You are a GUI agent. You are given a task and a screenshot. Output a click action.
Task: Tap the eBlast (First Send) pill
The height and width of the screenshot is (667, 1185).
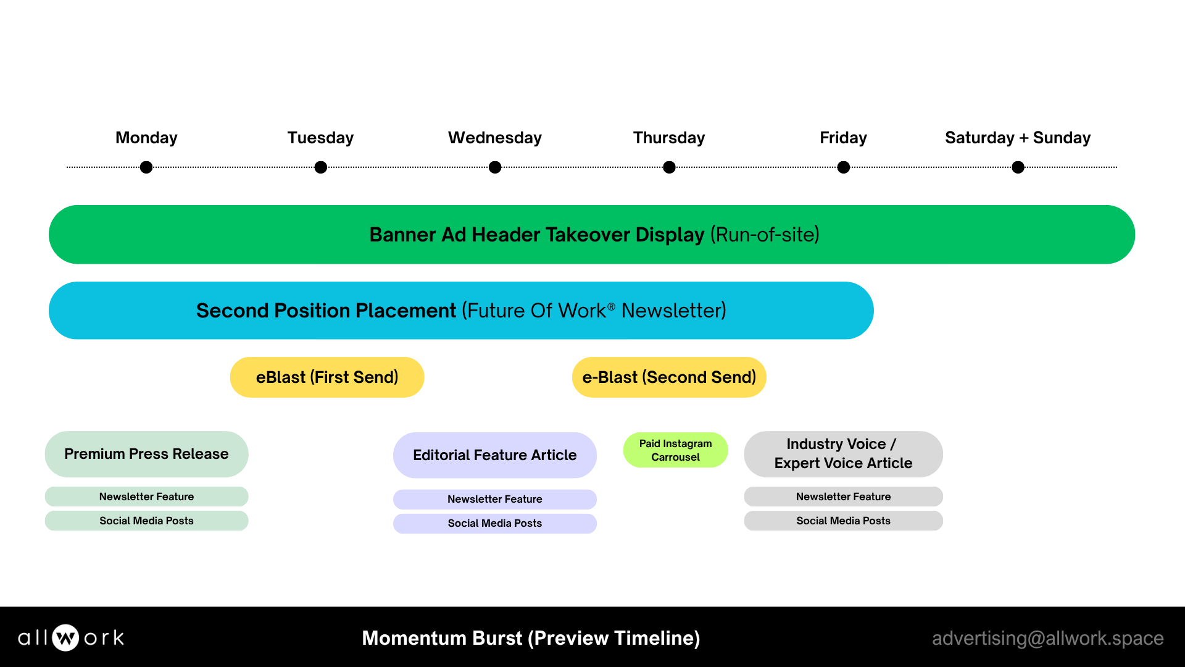pyautogui.click(x=327, y=377)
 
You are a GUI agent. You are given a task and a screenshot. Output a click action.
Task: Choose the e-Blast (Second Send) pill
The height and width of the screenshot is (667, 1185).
pyautogui.click(x=669, y=377)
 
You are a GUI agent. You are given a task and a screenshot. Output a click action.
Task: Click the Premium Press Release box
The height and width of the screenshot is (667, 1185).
pyautogui.click(x=146, y=454)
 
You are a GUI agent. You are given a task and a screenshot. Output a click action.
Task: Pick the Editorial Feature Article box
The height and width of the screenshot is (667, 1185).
pyautogui.click(x=495, y=455)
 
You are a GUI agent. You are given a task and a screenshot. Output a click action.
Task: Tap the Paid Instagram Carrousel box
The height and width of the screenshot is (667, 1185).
pyautogui.click(x=675, y=450)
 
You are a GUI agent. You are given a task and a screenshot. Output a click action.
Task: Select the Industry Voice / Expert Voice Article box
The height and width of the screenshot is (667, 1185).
pyautogui.click(x=843, y=454)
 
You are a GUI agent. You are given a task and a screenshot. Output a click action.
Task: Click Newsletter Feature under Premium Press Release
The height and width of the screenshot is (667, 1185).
pyautogui.click(x=146, y=497)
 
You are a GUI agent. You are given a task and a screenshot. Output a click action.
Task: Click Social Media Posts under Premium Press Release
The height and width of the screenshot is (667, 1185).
pyautogui.click(x=146, y=521)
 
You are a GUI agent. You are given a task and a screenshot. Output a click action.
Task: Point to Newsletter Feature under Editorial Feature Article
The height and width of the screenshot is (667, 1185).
pyautogui.click(x=495, y=499)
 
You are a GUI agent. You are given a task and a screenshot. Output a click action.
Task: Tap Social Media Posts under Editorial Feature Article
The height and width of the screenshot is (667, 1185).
pyautogui.click(x=495, y=523)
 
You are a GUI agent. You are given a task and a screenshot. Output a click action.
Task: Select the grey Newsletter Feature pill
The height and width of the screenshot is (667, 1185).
pyautogui.click(x=843, y=497)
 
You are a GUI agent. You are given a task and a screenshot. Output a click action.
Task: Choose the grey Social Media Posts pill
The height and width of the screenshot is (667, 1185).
pyautogui.click(x=843, y=521)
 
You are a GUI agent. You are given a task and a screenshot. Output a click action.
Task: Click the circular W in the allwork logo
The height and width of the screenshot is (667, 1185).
pyautogui.click(x=65, y=638)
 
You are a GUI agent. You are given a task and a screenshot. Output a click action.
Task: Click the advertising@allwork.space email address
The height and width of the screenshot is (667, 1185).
pyautogui.click(x=1047, y=638)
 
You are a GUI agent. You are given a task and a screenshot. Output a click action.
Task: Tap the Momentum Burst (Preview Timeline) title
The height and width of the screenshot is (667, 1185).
pyautogui.click(x=531, y=638)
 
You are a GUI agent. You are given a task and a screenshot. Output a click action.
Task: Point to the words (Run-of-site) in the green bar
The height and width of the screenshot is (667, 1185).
pyautogui.click(x=765, y=235)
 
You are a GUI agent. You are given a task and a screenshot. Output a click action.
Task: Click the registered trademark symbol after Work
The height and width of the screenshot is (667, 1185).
pyautogui.click(x=611, y=306)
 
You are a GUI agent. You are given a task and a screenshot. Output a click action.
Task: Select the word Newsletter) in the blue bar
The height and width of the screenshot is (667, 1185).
pyautogui.click(x=673, y=311)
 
